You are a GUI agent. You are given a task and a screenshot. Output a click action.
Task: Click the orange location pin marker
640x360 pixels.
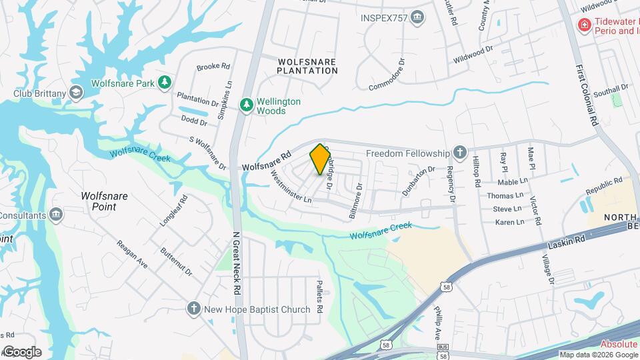tap(321, 159)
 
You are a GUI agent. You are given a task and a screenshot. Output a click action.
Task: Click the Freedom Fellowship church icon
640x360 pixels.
tap(459, 152)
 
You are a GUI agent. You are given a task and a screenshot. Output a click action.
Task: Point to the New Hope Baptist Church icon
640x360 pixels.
tap(193, 309)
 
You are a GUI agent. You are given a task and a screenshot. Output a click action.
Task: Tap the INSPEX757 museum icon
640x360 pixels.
tap(418, 17)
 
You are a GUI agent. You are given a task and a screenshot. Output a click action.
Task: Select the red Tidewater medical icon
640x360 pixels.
tap(584, 25)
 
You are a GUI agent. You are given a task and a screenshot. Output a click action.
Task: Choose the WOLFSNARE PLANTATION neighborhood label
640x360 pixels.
tap(307, 65)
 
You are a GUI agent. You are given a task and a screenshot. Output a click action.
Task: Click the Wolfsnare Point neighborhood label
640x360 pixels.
tap(104, 201)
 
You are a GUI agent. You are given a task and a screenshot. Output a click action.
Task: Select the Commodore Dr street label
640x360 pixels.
tap(387, 75)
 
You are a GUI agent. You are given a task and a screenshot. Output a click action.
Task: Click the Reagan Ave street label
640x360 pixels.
tap(132, 255)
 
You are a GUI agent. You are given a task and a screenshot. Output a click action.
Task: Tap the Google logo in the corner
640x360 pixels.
tap(22, 352)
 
